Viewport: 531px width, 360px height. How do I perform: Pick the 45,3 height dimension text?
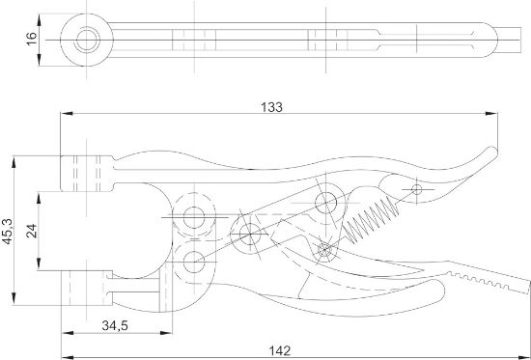tap(8, 231)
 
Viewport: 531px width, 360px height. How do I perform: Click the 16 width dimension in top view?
tap(31, 37)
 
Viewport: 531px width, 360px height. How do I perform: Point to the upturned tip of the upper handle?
tap(493, 152)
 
